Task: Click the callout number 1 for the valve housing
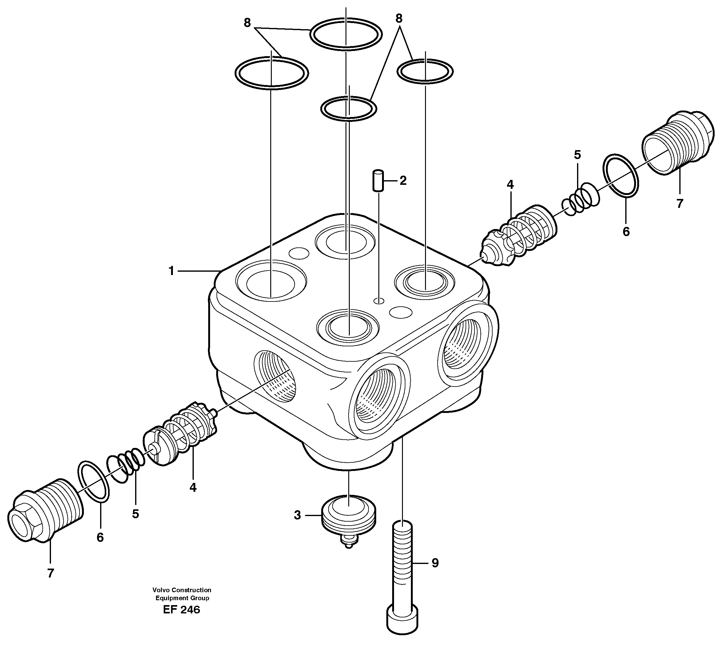(x=171, y=271)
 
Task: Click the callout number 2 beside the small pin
(x=403, y=181)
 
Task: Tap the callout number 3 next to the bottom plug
(x=297, y=515)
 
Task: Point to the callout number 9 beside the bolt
(x=435, y=563)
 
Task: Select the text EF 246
(x=181, y=609)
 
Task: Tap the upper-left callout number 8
(x=247, y=23)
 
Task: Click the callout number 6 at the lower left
(x=100, y=537)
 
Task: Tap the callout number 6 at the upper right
(x=626, y=231)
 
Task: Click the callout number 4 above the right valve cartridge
(x=510, y=185)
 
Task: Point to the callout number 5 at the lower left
(x=135, y=514)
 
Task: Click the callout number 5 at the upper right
(x=577, y=155)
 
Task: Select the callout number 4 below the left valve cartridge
(x=193, y=487)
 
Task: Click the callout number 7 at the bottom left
(x=50, y=573)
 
